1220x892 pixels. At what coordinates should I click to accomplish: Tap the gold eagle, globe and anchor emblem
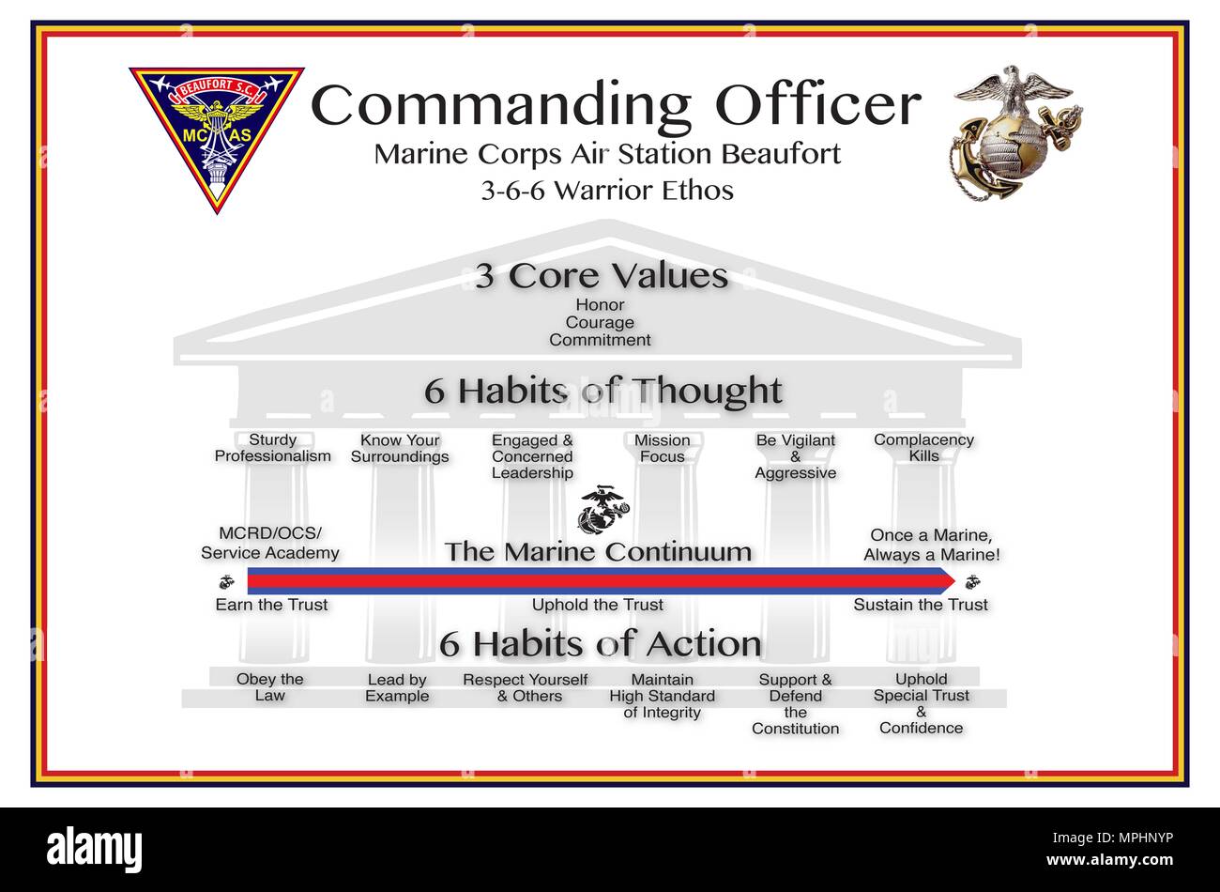pyautogui.click(x=1016, y=131)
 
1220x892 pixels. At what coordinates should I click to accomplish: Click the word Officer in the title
pyautogui.click(x=817, y=106)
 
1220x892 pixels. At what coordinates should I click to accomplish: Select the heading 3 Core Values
pyautogui.click(x=602, y=277)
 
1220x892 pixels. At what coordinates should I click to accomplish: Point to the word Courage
pyautogui.click(x=600, y=323)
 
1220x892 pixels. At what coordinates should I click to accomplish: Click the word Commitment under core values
pyautogui.click(x=600, y=340)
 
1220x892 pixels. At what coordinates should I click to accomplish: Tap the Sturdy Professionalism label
pyautogui.click(x=273, y=448)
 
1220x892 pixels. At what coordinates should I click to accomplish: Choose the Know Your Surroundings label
pyautogui.click(x=400, y=448)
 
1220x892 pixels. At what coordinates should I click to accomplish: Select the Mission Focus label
pyautogui.click(x=662, y=448)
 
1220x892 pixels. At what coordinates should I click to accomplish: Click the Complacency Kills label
pyautogui.click(x=923, y=448)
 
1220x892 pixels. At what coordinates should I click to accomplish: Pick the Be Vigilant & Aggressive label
pyautogui.click(x=795, y=456)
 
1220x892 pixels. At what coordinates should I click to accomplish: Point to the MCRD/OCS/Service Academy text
pyautogui.click(x=270, y=544)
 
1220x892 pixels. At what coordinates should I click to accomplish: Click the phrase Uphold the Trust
pyautogui.click(x=598, y=605)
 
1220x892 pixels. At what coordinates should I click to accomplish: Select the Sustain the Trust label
pyautogui.click(x=921, y=605)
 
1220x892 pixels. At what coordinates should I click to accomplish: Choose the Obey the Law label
pyautogui.click(x=269, y=687)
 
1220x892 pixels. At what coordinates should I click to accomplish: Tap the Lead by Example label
pyautogui.click(x=397, y=687)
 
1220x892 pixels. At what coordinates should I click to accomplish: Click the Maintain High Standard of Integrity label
pyautogui.click(x=662, y=696)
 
